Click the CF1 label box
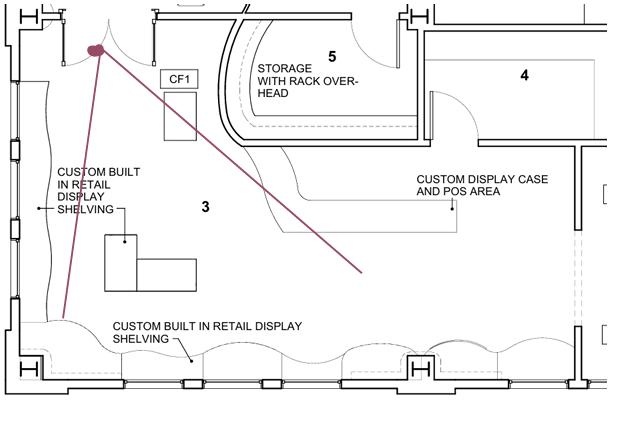tap(179, 79)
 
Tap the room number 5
tap(332, 57)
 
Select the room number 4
tap(524, 75)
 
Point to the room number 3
tap(205, 207)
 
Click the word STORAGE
tap(285, 69)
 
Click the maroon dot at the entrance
tap(96, 50)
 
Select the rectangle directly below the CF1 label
tap(181, 116)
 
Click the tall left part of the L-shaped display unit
tap(121, 263)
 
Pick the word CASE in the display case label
tap(533, 179)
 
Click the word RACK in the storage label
tap(305, 81)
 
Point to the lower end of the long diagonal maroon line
tap(361, 272)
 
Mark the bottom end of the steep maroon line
tap(63, 317)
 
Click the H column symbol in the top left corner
tap(28, 17)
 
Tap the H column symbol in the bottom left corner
tap(29, 369)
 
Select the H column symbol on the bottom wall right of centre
tap(420, 369)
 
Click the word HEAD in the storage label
tap(273, 93)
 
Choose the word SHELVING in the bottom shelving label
tap(141, 339)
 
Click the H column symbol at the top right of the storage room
tap(419, 17)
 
